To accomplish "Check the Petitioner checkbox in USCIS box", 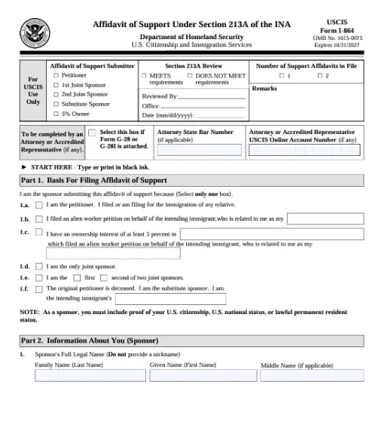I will pyautogui.click(x=57, y=75).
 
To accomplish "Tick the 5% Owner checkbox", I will pyautogui.click(x=57, y=114).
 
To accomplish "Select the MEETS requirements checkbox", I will pyautogui.click(x=144, y=75).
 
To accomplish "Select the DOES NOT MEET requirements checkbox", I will pyautogui.click(x=189, y=75).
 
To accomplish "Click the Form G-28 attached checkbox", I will pyautogui.click(x=92, y=133).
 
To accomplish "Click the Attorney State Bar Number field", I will pyautogui.click(x=199, y=150).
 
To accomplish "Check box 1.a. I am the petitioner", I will pyautogui.click(x=39, y=206).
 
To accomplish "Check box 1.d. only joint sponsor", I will pyautogui.click(x=39, y=266).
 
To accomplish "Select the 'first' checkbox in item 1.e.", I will pyautogui.click(x=78, y=277).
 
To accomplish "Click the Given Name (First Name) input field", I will pyautogui.click(x=200, y=375).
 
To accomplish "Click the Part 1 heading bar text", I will pyautogui.click(x=93, y=181).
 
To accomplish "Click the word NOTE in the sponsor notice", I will pyautogui.click(x=29, y=311).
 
